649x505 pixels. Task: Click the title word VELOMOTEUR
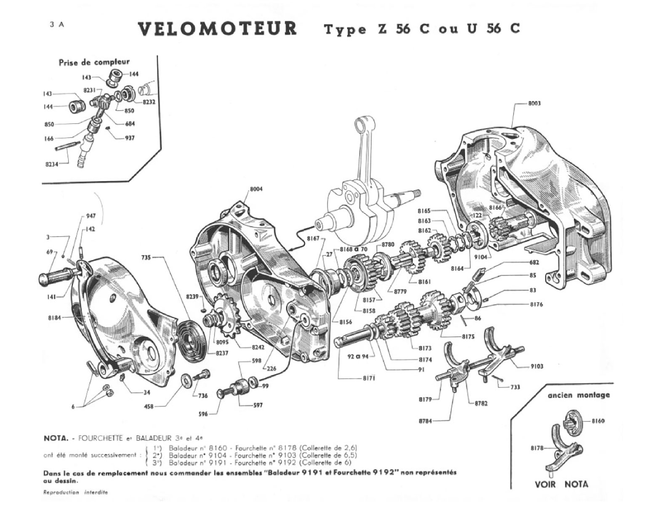click(217, 29)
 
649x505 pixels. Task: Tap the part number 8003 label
click(534, 103)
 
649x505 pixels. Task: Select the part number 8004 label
click(256, 189)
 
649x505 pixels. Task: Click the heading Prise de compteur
click(94, 62)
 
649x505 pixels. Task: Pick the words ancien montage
click(578, 395)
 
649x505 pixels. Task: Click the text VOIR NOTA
click(561, 484)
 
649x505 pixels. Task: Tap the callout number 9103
click(536, 366)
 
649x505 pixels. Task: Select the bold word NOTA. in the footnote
click(56, 438)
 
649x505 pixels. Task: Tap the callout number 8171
click(369, 378)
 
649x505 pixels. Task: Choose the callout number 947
click(90, 215)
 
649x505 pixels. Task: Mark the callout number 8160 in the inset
click(598, 420)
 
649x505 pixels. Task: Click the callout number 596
click(204, 414)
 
